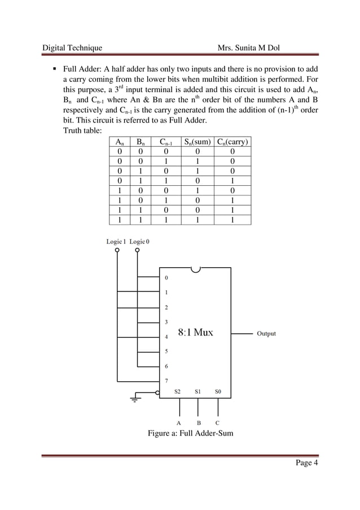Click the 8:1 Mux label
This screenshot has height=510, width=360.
point(195,333)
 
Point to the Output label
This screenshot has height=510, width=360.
point(266,334)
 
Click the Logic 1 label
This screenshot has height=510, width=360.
point(116,241)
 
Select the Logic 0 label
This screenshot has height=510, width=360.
point(139,241)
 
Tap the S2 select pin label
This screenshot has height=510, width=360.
point(178,391)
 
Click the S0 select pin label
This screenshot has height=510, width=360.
point(218,391)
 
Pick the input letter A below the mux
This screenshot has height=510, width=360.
point(179,422)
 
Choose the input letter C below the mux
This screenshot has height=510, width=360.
point(218,422)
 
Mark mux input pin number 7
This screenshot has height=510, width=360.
point(166,380)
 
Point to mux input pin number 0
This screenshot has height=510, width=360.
point(166,278)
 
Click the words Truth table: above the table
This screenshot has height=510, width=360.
point(82,132)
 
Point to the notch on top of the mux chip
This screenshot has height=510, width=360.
point(195,269)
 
